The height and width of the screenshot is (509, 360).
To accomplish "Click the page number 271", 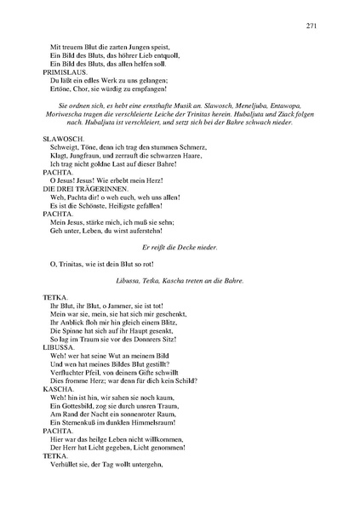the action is [312, 26].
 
